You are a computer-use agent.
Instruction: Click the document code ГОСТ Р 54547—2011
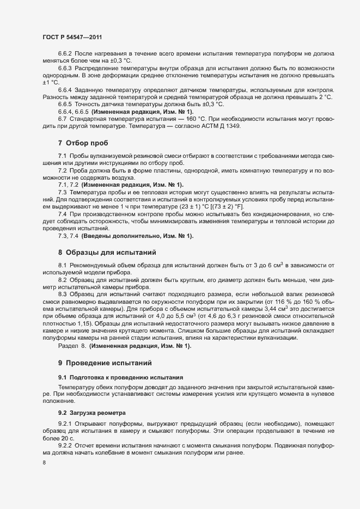click(72, 38)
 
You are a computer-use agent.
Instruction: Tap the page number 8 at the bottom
click(44, 463)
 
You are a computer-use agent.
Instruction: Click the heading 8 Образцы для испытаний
click(107, 253)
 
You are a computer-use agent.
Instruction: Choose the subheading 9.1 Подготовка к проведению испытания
click(120, 377)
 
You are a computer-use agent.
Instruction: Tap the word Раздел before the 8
click(68, 346)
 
